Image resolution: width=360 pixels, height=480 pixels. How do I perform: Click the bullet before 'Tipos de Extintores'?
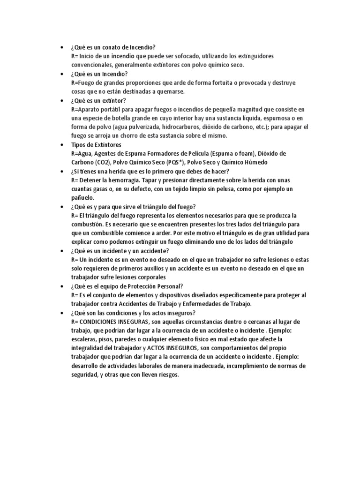tap(63, 145)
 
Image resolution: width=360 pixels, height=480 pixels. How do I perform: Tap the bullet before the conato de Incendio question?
tap(63, 47)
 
